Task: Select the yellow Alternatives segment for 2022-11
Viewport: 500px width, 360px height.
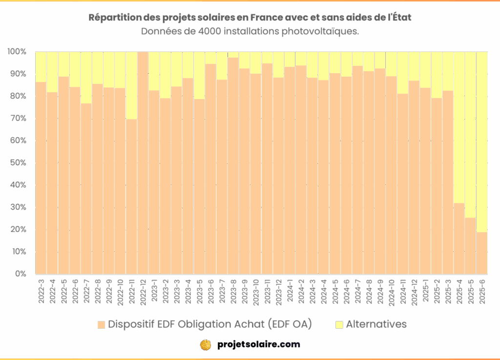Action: pyautogui.click(x=131, y=85)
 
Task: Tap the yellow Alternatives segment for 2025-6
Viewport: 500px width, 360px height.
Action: pyautogui.click(x=481, y=141)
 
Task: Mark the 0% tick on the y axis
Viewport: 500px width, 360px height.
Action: pyautogui.click(x=20, y=274)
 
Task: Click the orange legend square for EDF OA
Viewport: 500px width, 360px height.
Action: pyautogui.click(x=102, y=325)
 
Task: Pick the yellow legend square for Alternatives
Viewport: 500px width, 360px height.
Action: pyautogui.click(x=339, y=325)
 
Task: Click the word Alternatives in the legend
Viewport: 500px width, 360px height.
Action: pyautogui.click(x=376, y=324)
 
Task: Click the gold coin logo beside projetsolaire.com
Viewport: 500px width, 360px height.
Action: pyautogui.click(x=206, y=344)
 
